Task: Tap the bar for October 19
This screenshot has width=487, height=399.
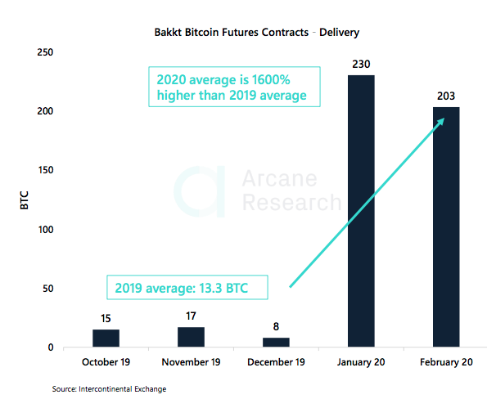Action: [106, 338]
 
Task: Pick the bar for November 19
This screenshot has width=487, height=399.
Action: [191, 337]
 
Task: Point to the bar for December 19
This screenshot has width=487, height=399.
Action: [276, 343]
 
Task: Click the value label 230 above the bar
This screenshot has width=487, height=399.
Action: [361, 63]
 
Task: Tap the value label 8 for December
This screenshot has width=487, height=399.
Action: [276, 326]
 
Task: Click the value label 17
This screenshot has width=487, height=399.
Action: [191, 316]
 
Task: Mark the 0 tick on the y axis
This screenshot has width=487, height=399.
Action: [49, 347]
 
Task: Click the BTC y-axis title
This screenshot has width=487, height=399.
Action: [24, 200]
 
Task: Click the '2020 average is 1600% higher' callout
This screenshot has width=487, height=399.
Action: [233, 87]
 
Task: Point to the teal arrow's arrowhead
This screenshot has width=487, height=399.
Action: [440, 122]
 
